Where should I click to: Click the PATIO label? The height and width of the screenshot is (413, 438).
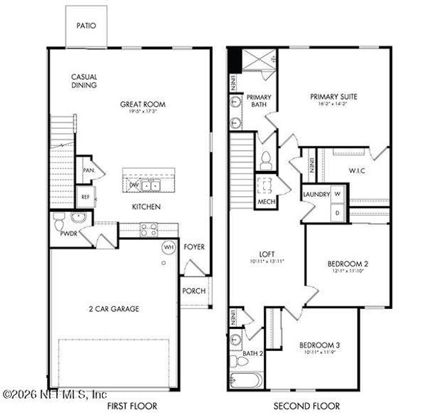[87, 26]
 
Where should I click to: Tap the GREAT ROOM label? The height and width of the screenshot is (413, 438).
[143, 105]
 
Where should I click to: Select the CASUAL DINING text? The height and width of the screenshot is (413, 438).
[83, 81]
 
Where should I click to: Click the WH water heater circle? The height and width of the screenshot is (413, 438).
[167, 247]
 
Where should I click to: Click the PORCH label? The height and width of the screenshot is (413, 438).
[194, 290]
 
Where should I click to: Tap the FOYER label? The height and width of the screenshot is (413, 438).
[194, 246]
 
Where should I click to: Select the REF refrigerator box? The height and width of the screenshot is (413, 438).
[85, 196]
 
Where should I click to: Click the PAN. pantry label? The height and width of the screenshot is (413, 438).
[88, 169]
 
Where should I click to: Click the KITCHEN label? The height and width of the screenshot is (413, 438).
[147, 206]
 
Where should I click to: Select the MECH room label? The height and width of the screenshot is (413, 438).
[266, 202]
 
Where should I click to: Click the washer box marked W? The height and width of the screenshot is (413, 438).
[337, 195]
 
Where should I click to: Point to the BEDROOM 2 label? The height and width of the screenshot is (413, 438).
[348, 264]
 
